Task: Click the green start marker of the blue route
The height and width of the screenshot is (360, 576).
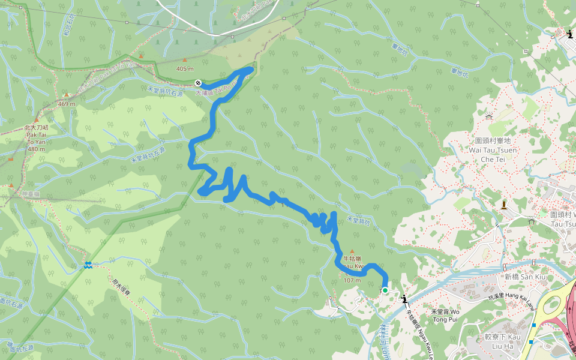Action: coord(385,290)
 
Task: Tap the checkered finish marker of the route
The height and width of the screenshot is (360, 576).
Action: coord(198,82)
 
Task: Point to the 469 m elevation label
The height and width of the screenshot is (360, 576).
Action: coord(67,103)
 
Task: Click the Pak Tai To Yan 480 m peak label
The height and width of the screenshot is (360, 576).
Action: coord(36,138)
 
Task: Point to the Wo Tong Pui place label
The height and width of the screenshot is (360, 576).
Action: coord(445,315)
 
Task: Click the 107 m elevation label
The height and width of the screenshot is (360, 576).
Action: coord(352,280)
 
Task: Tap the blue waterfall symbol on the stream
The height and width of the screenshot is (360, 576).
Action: coord(88,265)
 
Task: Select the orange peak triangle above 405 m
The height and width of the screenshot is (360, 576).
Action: coord(185,60)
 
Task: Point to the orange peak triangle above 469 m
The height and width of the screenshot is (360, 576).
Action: coord(67,95)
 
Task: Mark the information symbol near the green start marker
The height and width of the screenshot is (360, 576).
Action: coord(404,299)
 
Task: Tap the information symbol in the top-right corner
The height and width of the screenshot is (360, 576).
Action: coord(569,34)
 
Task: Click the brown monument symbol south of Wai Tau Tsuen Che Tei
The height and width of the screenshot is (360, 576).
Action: coord(503,205)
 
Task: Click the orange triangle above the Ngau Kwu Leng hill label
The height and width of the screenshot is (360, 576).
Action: coord(352,251)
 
